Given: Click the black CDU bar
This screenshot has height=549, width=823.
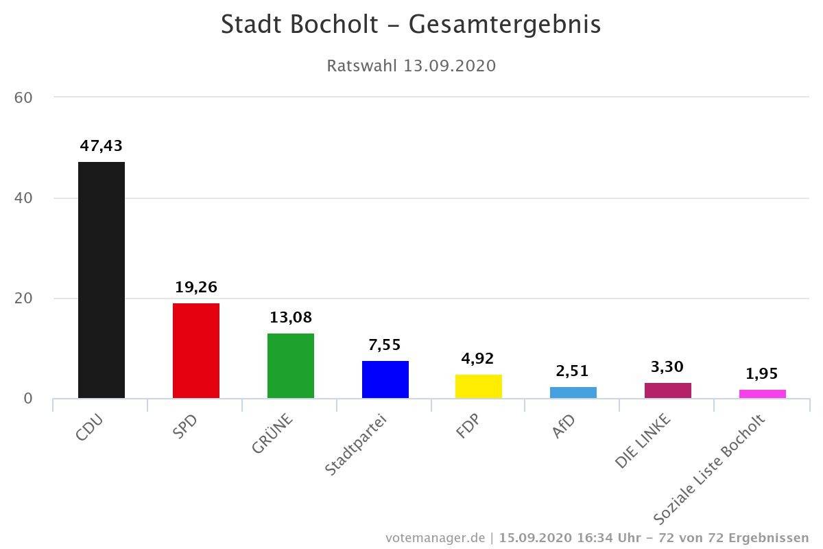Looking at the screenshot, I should pyautogui.click(x=102, y=280).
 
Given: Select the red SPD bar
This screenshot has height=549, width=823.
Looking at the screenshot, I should pyautogui.click(x=196, y=351).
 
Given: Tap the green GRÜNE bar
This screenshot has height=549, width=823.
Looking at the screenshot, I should pyautogui.click(x=291, y=366).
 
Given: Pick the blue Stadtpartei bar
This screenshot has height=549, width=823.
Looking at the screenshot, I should pyautogui.click(x=385, y=379).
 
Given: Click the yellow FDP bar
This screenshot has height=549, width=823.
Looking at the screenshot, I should pyautogui.click(x=479, y=386).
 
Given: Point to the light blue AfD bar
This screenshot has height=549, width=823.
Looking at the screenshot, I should pyautogui.click(x=573, y=393).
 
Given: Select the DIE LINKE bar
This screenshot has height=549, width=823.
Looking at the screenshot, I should pyautogui.click(x=668, y=390).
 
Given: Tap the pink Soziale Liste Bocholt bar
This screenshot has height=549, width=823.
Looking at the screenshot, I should pyautogui.click(x=763, y=394).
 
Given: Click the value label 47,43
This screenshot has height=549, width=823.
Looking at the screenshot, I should pyautogui.click(x=101, y=145).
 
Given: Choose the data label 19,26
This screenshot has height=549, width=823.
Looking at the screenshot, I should pyautogui.click(x=196, y=287).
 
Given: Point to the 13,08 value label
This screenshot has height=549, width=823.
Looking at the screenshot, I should pyautogui.click(x=291, y=318).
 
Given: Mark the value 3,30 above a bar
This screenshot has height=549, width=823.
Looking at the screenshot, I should pyautogui.click(x=668, y=367).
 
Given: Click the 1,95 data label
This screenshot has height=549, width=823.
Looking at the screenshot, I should pyautogui.click(x=763, y=374).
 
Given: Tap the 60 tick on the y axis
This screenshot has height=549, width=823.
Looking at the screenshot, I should pyautogui.click(x=24, y=97).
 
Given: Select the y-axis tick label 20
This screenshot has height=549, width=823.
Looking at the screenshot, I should pyautogui.click(x=24, y=299).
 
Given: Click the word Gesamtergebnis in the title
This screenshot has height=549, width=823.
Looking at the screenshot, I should pyautogui.click(x=505, y=25).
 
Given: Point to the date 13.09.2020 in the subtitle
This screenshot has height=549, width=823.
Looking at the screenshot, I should pyautogui.click(x=449, y=66).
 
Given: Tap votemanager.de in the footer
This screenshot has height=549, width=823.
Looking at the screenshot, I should pyautogui.click(x=436, y=537).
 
